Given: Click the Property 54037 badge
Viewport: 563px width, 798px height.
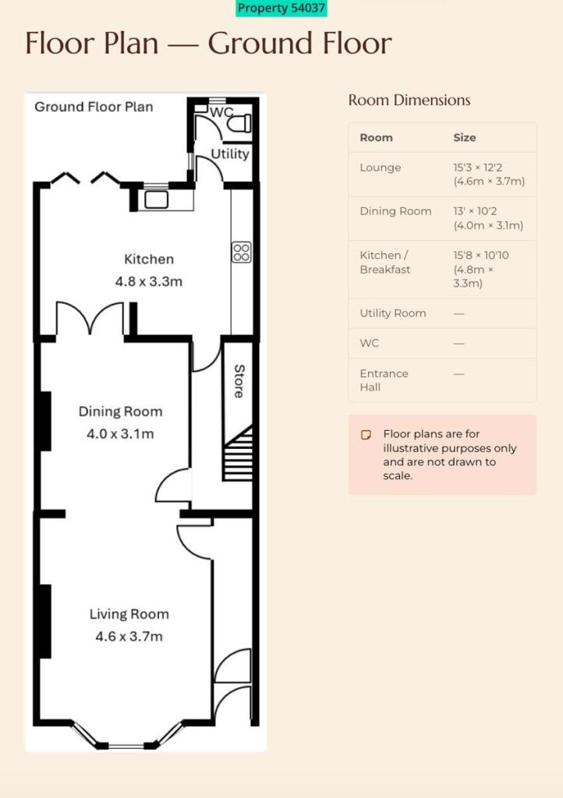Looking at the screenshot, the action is coord(281,8).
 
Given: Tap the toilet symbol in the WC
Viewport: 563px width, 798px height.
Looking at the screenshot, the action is coord(239,123).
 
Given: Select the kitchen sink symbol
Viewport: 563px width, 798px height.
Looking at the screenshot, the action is coord(156,199).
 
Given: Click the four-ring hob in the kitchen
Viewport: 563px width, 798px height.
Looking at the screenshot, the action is coord(241,252).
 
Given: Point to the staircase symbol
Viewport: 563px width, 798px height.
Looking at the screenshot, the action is coord(238,453).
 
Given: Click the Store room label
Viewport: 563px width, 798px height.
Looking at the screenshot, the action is coord(239,380).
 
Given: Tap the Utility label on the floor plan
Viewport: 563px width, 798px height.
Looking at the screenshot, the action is coord(230,154).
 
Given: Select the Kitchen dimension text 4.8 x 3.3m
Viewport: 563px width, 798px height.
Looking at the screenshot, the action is coord(149,281).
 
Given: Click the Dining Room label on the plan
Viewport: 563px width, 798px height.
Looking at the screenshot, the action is coord(121,411).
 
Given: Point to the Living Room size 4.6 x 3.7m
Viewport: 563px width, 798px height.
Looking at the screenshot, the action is coord(129,636).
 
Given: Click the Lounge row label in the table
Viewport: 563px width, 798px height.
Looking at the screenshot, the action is coord(381,168).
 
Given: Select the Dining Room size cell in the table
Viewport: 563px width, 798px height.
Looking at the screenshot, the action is coord(488,218).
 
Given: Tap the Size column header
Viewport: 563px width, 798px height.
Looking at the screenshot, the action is coord(465,137).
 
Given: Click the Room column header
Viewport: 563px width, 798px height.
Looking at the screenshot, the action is coord(376,137).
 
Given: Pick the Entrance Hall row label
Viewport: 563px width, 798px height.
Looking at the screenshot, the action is coord(384,380).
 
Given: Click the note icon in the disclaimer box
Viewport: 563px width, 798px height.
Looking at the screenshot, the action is coord(366,435).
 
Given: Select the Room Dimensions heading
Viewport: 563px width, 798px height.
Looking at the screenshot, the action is coord(409,101).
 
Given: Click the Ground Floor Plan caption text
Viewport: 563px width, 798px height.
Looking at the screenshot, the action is coord(94,107).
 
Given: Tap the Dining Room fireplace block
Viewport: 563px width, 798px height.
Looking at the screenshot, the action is coord(45,421).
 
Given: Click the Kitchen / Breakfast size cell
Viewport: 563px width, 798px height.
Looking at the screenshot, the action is coord(481,269).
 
